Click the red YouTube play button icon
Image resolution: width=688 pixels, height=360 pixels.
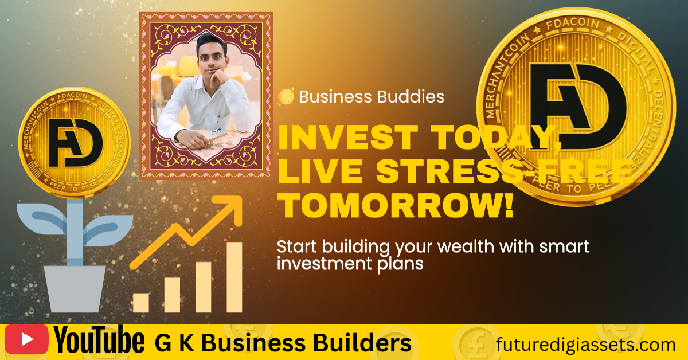[26, 339]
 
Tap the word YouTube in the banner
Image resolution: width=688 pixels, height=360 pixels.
[99, 340]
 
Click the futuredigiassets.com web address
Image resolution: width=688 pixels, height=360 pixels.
[585, 345]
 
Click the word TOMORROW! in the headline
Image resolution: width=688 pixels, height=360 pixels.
[397, 205]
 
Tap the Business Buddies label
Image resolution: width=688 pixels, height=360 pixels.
[372, 97]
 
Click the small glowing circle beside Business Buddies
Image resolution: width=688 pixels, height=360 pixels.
[286, 96]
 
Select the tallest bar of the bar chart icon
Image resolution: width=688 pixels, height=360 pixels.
[234, 277]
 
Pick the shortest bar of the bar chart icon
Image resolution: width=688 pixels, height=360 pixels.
[141, 303]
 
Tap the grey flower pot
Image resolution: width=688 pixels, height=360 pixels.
[75, 289]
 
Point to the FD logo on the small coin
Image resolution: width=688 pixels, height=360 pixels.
[76, 143]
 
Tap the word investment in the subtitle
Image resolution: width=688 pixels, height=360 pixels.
[325, 264]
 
